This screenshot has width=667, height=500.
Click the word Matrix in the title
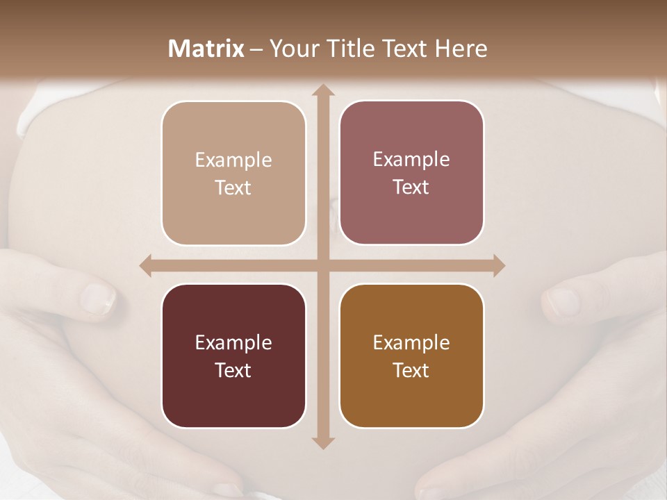(x=206, y=49)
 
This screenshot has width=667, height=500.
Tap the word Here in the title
(x=461, y=49)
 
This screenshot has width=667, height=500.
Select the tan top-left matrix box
(x=233, y=173)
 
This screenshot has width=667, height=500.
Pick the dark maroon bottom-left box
(x=233, y=356)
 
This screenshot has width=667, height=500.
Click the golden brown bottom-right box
(x=411, y=356)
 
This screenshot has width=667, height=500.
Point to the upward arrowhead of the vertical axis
(x=322, y=90)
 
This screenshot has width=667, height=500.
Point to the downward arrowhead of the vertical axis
(x=322, y=442)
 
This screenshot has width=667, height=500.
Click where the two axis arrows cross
(x=322, y=265)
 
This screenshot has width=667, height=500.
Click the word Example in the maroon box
(x=233, y=342)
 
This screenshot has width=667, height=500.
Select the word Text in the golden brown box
(x=411, y=370)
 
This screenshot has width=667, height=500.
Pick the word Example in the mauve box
(x=411, y=159)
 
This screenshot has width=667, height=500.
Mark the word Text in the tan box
(x=233, y=187)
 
